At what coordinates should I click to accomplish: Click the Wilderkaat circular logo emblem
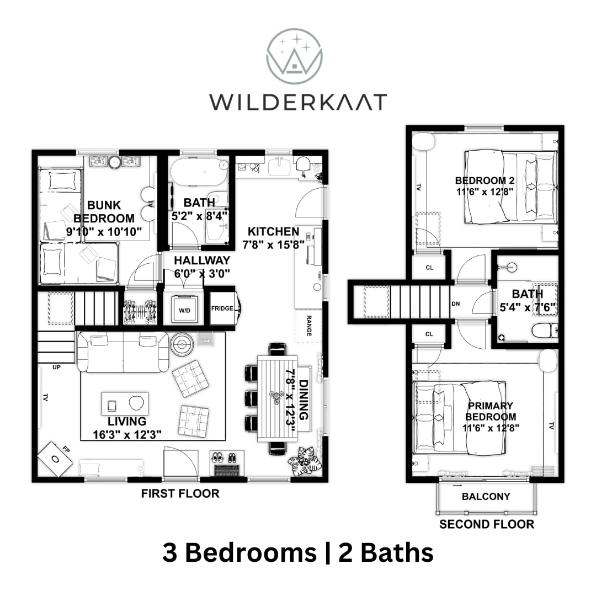point(294,56)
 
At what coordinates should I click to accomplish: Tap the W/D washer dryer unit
point(185,309)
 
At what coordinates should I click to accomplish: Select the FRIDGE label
point(222,308)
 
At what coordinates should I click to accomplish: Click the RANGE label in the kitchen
point(308,326)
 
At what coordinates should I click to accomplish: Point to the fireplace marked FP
point(55,459)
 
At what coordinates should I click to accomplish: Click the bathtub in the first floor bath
point(199,172)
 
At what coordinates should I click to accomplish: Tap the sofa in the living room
point(123,352)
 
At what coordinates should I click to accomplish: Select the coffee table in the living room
point(125,403)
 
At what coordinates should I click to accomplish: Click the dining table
point(277,398)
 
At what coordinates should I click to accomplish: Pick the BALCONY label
point(486,497)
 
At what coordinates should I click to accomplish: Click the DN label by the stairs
point(456,304)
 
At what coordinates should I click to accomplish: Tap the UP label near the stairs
point(57,367)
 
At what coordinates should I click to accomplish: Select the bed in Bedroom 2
point(511,187)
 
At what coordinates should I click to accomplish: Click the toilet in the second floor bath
point(544,331)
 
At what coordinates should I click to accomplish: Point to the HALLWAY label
point(202,260)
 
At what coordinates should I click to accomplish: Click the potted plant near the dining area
point(305,461)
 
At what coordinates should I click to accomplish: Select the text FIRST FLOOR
point(180,493)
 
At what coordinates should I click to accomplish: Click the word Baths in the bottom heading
point(397,552)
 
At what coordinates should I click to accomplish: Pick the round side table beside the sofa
point(182,344)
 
